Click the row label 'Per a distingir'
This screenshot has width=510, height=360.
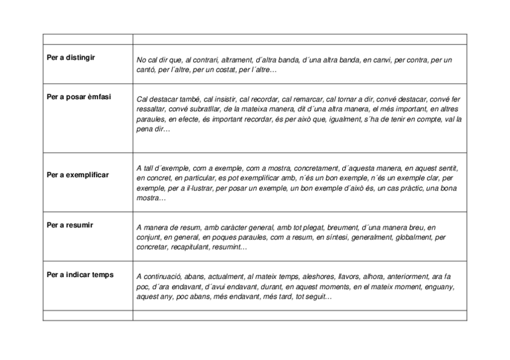(71, 58)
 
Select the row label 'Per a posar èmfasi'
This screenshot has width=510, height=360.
(79, 96)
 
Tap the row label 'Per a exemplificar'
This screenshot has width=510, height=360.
(78, 175)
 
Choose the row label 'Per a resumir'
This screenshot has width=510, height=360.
(70, 225)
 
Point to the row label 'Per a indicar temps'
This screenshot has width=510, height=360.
(80, 275)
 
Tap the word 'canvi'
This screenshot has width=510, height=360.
(381, 60)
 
